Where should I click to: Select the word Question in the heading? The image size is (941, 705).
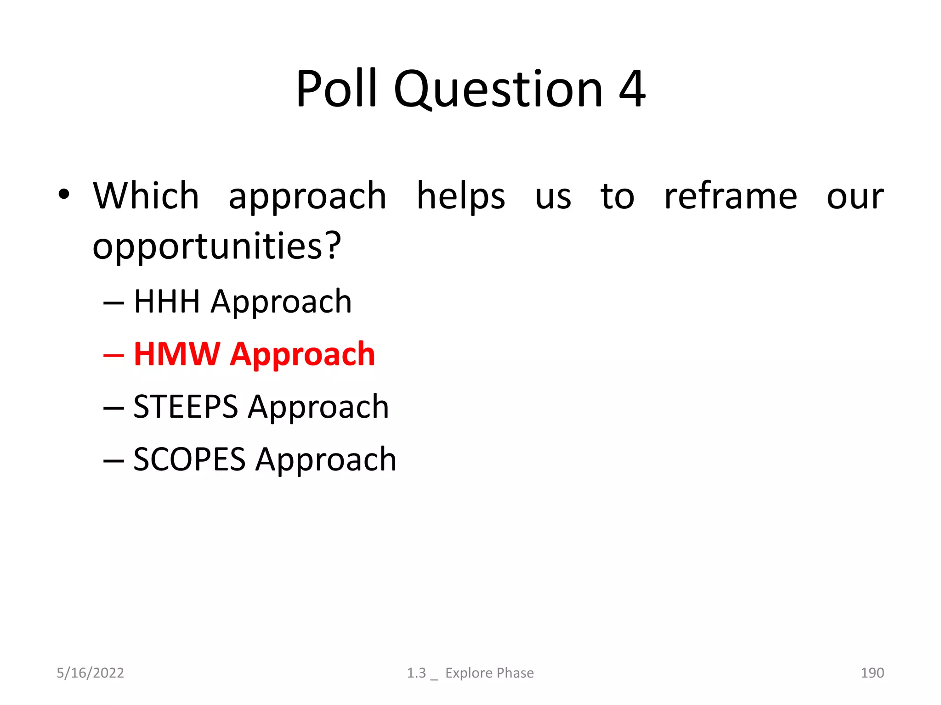[x=498, y=90]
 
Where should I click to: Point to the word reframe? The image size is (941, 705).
[x=731, y=196]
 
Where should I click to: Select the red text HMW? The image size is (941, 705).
[x=177, y=354]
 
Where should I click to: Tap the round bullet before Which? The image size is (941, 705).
[x=64, y=195]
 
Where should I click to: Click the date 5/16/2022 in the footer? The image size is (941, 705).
[x=90, y=673]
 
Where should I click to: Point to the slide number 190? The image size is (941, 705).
[x=872, y=673]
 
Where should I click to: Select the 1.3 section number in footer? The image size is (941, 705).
[x=416, y=673]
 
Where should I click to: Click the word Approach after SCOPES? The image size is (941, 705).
[x=326, y=460]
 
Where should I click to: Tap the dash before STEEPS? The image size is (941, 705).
[x=113, y=408]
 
